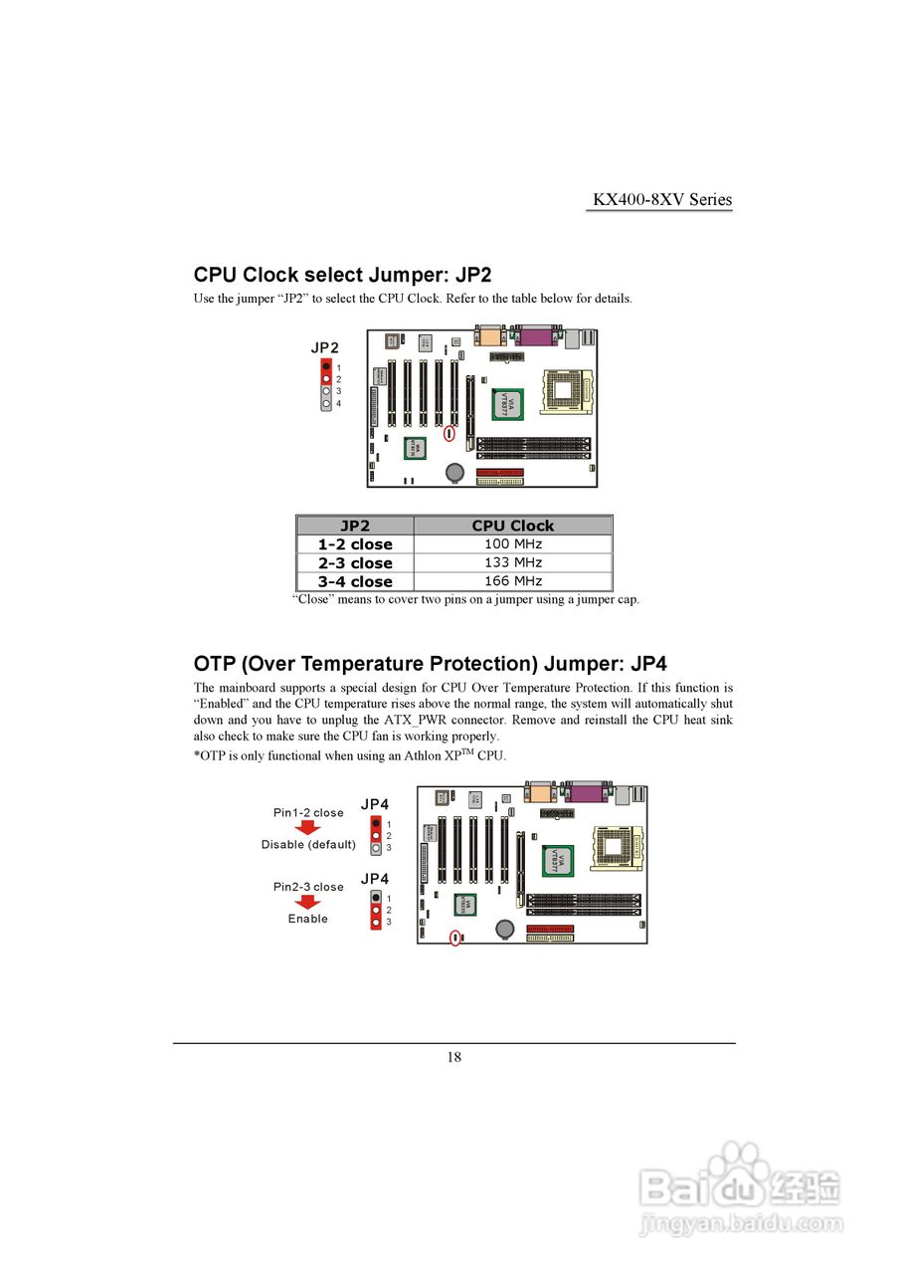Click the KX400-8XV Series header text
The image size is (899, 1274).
click(662, 199)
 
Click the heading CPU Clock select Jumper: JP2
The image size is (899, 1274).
click(342, 275)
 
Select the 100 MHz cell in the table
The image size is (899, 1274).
click(512, 544)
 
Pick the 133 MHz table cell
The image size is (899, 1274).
click(512, 562)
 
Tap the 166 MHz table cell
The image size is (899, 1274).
click(512, 581)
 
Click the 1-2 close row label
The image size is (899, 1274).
click(355, 544)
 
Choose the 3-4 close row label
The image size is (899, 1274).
click(355, 581)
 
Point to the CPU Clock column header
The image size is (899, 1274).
click(512, 526)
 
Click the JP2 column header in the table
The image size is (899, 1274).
click(355, 526)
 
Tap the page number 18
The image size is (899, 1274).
click(453, 1057)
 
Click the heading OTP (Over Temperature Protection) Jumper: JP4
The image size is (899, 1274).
click(430, 664)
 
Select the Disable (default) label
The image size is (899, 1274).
click(308, 845)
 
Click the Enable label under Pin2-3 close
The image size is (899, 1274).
click(308, 919)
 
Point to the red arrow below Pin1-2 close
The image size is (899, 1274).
click(308, 827)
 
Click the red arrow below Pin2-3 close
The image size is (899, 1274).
click(308, 901)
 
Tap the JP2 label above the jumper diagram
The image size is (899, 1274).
click(324, 347)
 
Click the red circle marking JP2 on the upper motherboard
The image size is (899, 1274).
click(449, 434)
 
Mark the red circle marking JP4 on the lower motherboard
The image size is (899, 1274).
click(455, 938)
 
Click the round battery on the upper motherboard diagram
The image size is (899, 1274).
click(454, 471)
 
